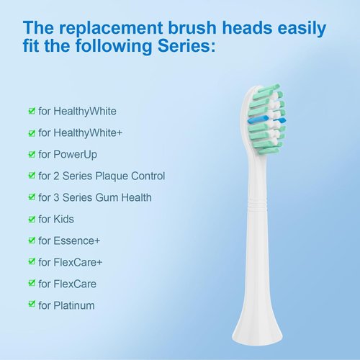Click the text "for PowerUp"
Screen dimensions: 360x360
coord(68,155)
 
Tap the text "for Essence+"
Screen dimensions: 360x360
coord(71,240)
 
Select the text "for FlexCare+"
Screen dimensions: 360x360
coord(71,262)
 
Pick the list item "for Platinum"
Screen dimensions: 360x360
coord(66,305)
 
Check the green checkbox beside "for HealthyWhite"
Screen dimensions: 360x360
coord(31,112)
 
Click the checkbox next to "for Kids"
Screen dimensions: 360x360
coord(31,219)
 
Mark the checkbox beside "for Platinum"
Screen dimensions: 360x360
coord(31,305)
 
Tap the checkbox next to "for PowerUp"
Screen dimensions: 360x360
coord(31,155)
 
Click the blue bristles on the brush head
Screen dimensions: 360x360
coord(266,117)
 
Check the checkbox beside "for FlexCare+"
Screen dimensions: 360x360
coord(31,262)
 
